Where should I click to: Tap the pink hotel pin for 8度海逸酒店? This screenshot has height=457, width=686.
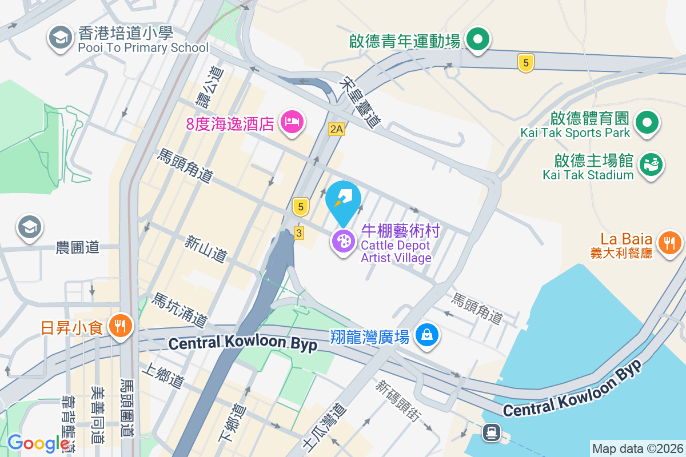tap(292, 122)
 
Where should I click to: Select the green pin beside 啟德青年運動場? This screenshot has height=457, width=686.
tap(477, 40)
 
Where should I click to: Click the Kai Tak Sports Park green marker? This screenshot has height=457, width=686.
tap(648, 122)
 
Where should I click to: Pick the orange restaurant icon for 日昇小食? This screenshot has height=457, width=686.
tap(120, 327)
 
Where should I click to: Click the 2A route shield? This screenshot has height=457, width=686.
tap(337, 130)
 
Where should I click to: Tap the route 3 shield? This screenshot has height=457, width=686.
tap(298, 232)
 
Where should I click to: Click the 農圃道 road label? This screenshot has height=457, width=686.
tap(78, 247)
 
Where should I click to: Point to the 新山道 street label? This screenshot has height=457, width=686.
tap(204, 250)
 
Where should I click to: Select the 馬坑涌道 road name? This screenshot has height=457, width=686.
tap(178, 310)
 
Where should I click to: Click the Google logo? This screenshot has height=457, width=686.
tap(38, 443)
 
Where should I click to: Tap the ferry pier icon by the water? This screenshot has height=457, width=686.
tap(490, 432)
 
